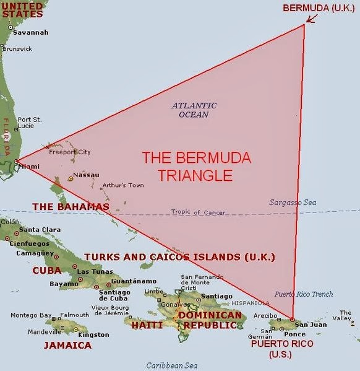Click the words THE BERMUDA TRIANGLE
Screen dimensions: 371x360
click(x=197, y=166)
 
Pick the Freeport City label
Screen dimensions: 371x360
click(x=70, y=152)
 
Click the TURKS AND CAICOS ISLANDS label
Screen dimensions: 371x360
click(x=179, y=256)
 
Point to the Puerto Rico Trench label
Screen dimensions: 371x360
click(x=304, y=294)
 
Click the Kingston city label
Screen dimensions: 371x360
click(x=94, y=334)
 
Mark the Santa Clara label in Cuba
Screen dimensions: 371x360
click(x=40, y=230)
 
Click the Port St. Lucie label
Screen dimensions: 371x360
click(x=30, y=123)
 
